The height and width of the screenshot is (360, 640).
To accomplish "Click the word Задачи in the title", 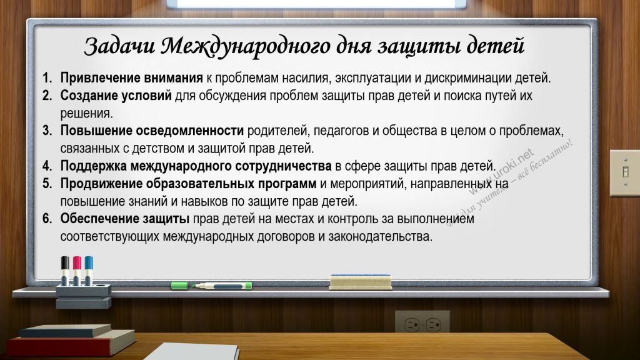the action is coord(119,46).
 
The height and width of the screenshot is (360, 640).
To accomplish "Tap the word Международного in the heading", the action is coord(246,47).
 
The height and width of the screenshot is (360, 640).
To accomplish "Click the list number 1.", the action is coord(47,77).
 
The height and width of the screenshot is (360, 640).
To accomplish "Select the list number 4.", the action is coord(47,166).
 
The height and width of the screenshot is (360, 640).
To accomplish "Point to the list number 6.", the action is coord(47,219).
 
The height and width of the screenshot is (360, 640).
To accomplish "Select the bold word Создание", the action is coord(86,96).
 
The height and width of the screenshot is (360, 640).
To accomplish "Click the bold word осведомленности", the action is coord(190,131).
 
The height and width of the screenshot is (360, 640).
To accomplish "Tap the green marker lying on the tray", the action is coord(211,285).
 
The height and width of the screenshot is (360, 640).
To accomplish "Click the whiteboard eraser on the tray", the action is coord(361,282).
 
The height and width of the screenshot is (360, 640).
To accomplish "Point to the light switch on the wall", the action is coord(625,172).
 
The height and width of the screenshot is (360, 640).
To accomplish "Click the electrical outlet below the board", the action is coord(422,323).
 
